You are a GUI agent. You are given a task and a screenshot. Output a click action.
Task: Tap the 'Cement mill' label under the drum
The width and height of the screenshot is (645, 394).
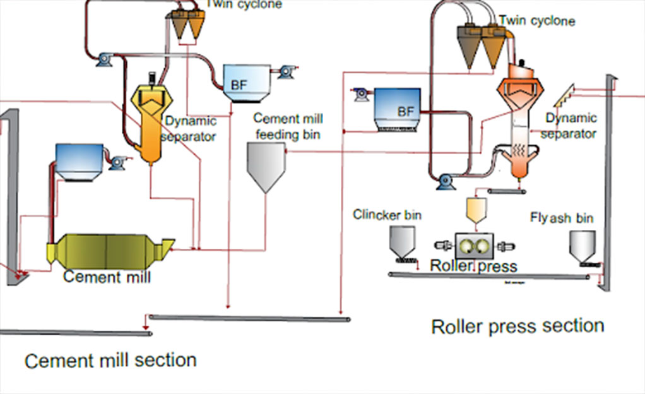point(107,277)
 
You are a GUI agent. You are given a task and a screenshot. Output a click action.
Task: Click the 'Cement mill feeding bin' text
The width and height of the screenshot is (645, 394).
point(288,126)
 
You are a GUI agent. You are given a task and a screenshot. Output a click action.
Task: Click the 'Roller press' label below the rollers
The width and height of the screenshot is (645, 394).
point(473,266)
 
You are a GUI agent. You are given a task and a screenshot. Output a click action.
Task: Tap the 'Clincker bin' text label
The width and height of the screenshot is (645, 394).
point(387,215)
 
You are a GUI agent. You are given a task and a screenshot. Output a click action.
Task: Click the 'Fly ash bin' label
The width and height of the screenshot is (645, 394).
point(561,218)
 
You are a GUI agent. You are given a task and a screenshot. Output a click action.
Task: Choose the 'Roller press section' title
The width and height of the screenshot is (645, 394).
point(518,326)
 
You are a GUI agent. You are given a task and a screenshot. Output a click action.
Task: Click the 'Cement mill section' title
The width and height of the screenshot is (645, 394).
point(110,361)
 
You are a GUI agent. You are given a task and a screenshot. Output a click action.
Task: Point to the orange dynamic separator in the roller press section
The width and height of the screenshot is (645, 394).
point(521,126)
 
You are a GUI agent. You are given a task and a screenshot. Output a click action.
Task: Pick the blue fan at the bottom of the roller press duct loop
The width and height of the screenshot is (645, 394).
point(446,182)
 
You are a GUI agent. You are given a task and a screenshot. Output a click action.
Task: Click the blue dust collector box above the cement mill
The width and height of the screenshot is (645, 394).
point(80,162)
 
